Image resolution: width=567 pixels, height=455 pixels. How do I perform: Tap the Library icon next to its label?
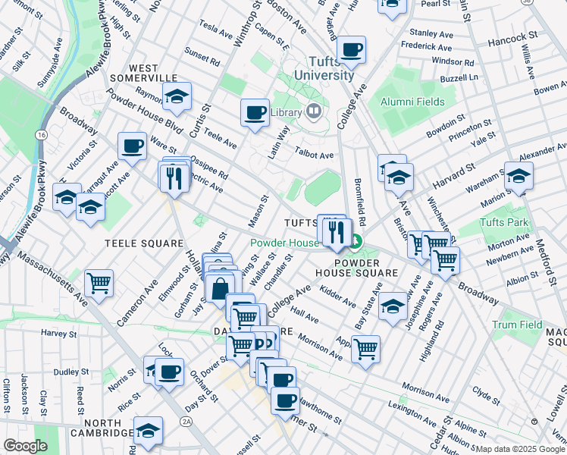click(x=313, y=112)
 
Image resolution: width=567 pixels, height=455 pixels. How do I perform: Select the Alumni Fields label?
click(x=412, y=101)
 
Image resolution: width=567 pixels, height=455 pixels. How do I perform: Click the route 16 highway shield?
click(x=39, y=134)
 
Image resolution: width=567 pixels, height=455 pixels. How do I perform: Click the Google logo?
click(x=25, y=446)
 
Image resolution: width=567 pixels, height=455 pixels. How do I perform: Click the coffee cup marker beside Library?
click(x=255, y=113)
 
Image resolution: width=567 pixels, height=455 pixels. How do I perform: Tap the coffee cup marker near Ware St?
click(x=132, y=146)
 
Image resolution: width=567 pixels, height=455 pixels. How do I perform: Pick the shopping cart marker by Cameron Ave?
click(x=99, y=284)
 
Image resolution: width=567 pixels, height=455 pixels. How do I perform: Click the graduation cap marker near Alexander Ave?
click(x=518, y=176)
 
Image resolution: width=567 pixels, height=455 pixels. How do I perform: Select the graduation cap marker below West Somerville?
click(x=177, y=96)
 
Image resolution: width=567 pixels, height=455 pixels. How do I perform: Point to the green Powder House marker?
click(x=356, y=243)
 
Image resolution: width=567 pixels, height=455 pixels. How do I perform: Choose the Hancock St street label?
click(x=513, y=36)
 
